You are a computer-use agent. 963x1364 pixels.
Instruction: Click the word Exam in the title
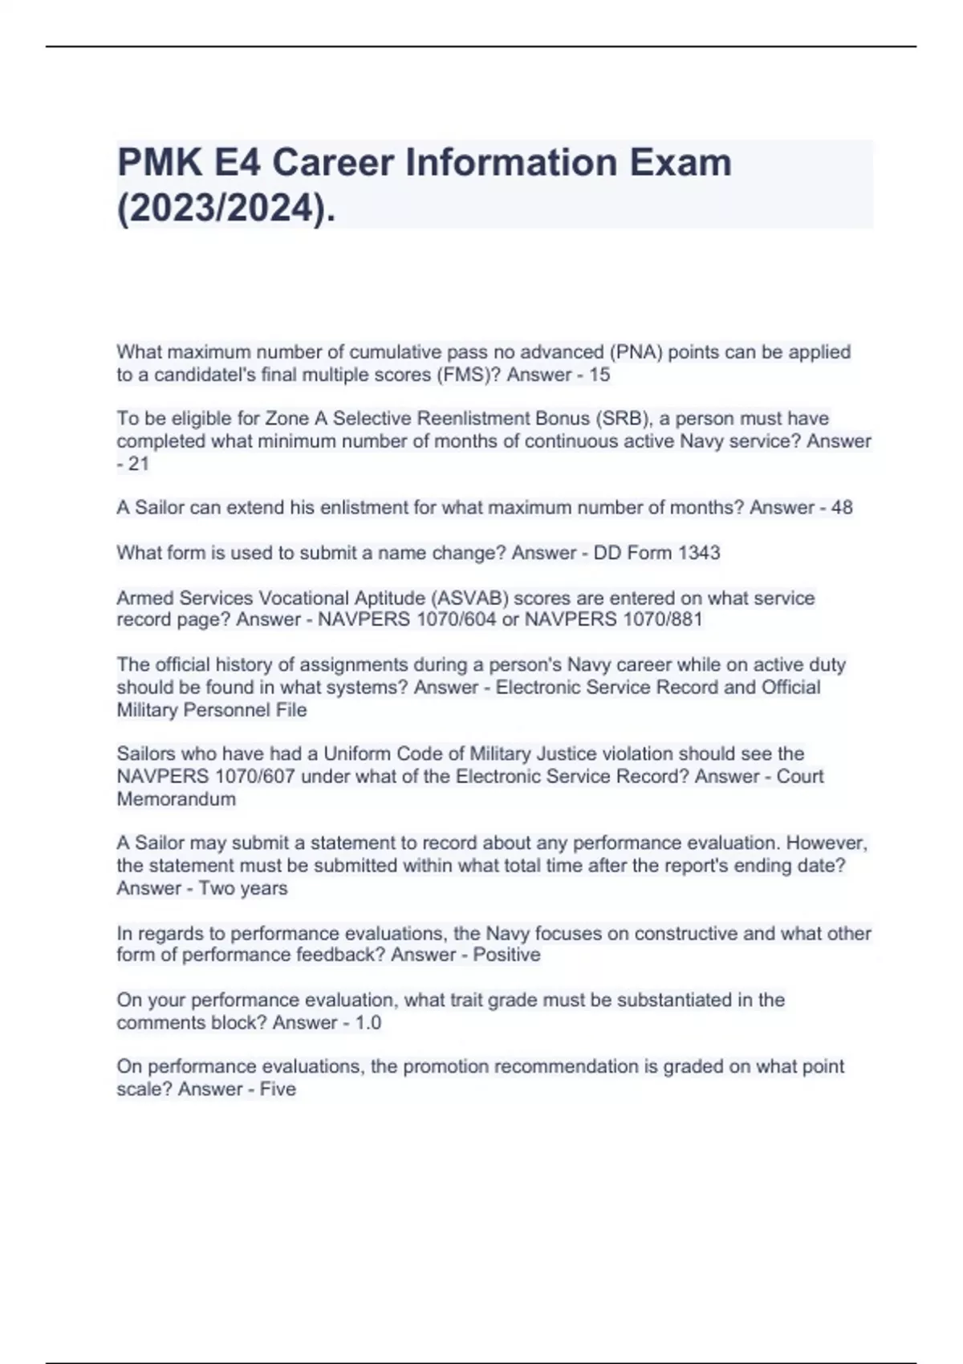[x=680, y=163]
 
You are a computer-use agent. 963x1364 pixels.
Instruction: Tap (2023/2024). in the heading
[x=226, y=209]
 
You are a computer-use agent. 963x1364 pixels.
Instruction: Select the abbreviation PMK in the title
[x=160, y=163]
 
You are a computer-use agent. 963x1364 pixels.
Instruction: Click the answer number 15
[x=599, y=375]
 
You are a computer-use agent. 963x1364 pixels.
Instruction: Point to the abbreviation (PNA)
[x=636, y=352]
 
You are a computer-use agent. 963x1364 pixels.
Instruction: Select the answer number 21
[x=139, y=464]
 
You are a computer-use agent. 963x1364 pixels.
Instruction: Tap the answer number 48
[x=842, y=508]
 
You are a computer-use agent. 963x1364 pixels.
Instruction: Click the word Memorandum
[x=177, y=799]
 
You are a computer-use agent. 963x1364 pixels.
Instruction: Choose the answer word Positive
[x=506, y=955]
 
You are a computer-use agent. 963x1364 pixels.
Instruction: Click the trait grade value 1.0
[x=368, y=1023]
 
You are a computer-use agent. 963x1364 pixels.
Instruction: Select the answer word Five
[x=278, y=1090]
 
